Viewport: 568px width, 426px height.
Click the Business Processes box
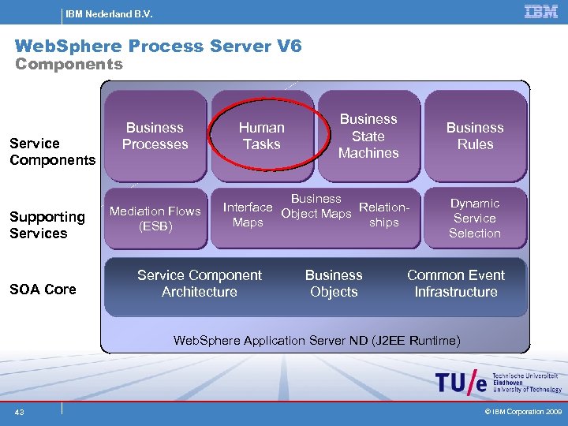155,136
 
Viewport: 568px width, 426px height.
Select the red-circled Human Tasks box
262,136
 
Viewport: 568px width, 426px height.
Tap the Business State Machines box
368,136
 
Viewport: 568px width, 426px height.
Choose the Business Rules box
475,136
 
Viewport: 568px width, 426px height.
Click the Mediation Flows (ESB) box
155,219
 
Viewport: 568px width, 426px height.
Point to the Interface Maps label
248,215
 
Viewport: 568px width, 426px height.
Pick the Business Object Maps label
316,206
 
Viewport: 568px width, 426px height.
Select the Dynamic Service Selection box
475,219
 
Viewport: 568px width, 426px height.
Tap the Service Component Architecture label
200,283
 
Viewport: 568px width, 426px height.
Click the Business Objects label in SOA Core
334,283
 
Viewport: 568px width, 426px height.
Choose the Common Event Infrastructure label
456,283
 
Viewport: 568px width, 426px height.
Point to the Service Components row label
52,151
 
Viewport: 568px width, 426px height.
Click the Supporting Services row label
47,225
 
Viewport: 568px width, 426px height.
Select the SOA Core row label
43,290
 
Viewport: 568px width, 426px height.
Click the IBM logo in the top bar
541,12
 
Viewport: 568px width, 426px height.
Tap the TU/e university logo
497,383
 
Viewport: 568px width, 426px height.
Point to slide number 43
18,412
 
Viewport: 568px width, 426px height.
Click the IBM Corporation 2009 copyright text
522,412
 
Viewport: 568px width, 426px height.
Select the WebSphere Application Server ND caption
316,340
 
